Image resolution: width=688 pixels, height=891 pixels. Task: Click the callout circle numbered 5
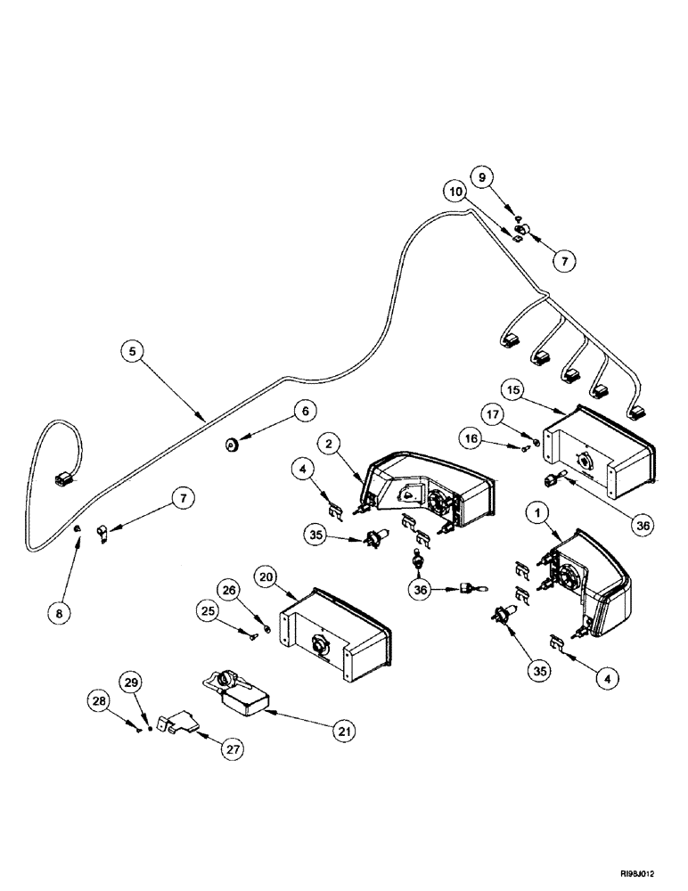132,351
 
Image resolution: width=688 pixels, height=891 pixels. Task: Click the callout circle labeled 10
456,191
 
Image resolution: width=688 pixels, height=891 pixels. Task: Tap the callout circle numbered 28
102,702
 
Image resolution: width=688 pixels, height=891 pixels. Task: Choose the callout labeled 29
132,683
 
